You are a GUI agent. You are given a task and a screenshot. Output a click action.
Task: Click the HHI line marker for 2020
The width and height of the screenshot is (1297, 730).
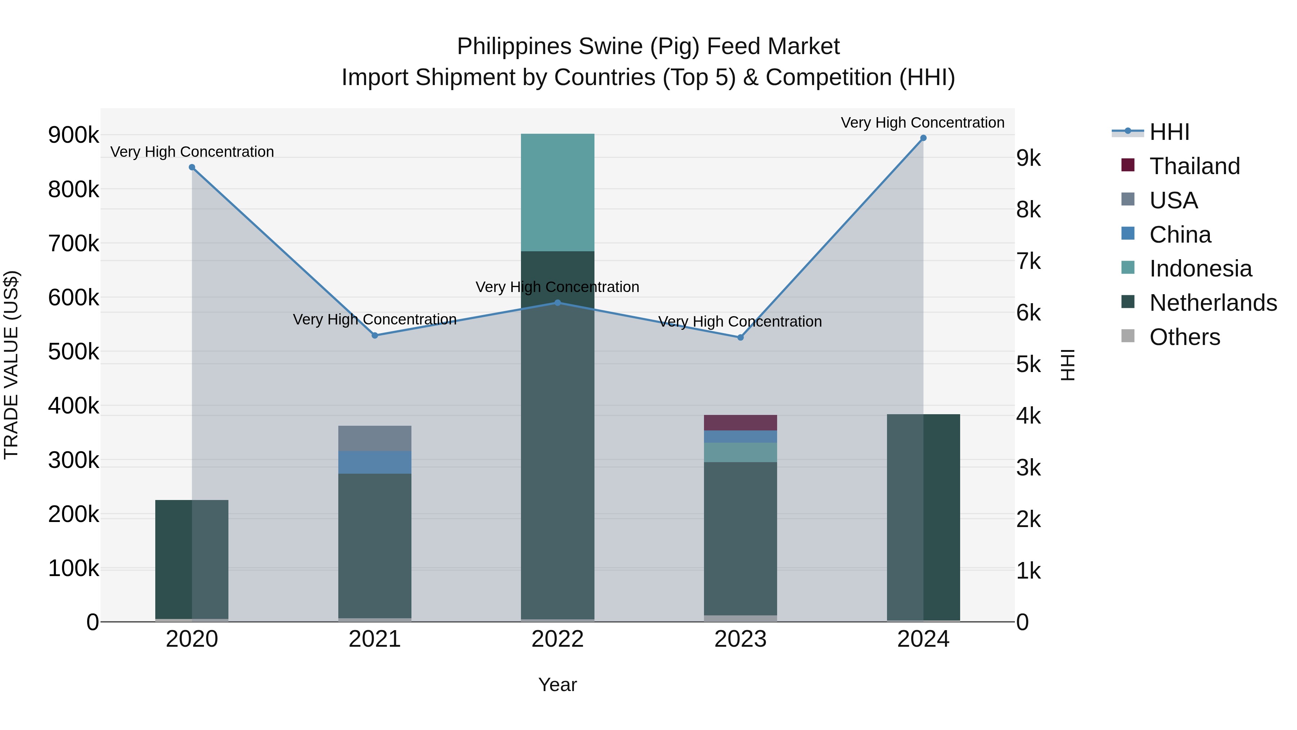[x=192, y=167]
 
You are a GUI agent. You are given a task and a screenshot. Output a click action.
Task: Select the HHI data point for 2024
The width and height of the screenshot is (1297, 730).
[x=923, y=138]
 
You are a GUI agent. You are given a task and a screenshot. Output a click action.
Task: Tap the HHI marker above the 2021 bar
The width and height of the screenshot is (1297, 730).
[x=375, y=336]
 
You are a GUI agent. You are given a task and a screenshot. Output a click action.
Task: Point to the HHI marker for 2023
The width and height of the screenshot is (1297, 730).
[x=740, y=337]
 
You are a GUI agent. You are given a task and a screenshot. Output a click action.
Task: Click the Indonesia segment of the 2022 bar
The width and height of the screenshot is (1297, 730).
[x=557, y=193]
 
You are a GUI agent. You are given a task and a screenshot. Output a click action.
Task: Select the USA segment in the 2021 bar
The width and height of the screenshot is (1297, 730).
[x=375, y=438]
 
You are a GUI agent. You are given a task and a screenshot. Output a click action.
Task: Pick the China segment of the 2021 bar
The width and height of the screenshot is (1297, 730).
[x=375, y=462]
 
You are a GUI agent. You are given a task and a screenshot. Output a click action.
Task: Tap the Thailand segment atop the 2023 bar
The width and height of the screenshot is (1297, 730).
[x=740, y=423]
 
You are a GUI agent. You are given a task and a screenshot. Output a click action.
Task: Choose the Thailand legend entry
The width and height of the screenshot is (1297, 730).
[x=1194, y=166]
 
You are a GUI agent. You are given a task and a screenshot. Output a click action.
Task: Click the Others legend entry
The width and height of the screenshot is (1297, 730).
[x=1184, y=337]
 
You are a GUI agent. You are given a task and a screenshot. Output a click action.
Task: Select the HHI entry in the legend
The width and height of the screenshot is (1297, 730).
[x=1169, y=132]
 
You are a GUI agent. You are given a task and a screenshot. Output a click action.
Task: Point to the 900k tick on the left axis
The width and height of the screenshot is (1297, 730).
[x=73, y=135]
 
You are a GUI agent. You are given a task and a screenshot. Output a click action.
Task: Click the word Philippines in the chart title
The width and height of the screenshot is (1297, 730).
[x=513, y=47]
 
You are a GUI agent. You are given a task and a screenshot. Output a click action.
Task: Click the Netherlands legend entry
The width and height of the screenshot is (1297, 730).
[x=1212, y=303]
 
